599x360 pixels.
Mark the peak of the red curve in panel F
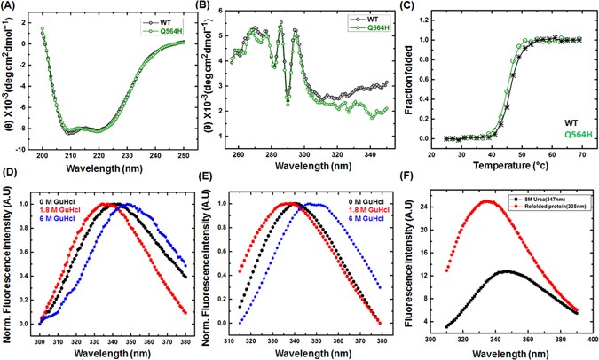485,200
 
